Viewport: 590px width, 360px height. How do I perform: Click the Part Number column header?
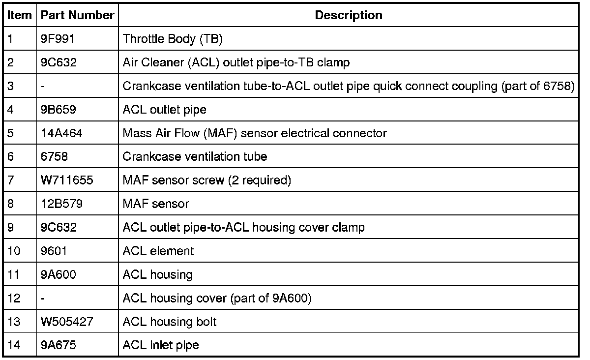(78, 15)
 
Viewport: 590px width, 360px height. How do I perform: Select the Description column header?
(348, 15)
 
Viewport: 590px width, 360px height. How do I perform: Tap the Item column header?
(19, 15)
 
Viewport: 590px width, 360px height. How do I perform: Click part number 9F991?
(58, 39)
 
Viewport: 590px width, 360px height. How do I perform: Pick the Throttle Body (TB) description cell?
(173, 39)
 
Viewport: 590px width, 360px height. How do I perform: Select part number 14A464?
(62, 133)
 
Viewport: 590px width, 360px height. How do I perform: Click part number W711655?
(67, 180)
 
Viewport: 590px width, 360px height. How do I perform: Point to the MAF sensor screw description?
(206, 180)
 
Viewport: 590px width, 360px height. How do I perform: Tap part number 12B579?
(62, 204)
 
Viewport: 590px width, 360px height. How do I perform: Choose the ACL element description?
(158, 251)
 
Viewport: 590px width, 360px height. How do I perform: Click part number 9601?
(54, 251)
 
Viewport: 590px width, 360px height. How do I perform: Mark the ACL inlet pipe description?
(161, 345)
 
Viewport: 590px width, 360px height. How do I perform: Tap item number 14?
(14, 345)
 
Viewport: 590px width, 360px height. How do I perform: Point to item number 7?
(11, 180)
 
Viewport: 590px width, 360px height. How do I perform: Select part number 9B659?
(59, 110)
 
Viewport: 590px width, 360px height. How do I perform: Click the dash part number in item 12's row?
(44, 299)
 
